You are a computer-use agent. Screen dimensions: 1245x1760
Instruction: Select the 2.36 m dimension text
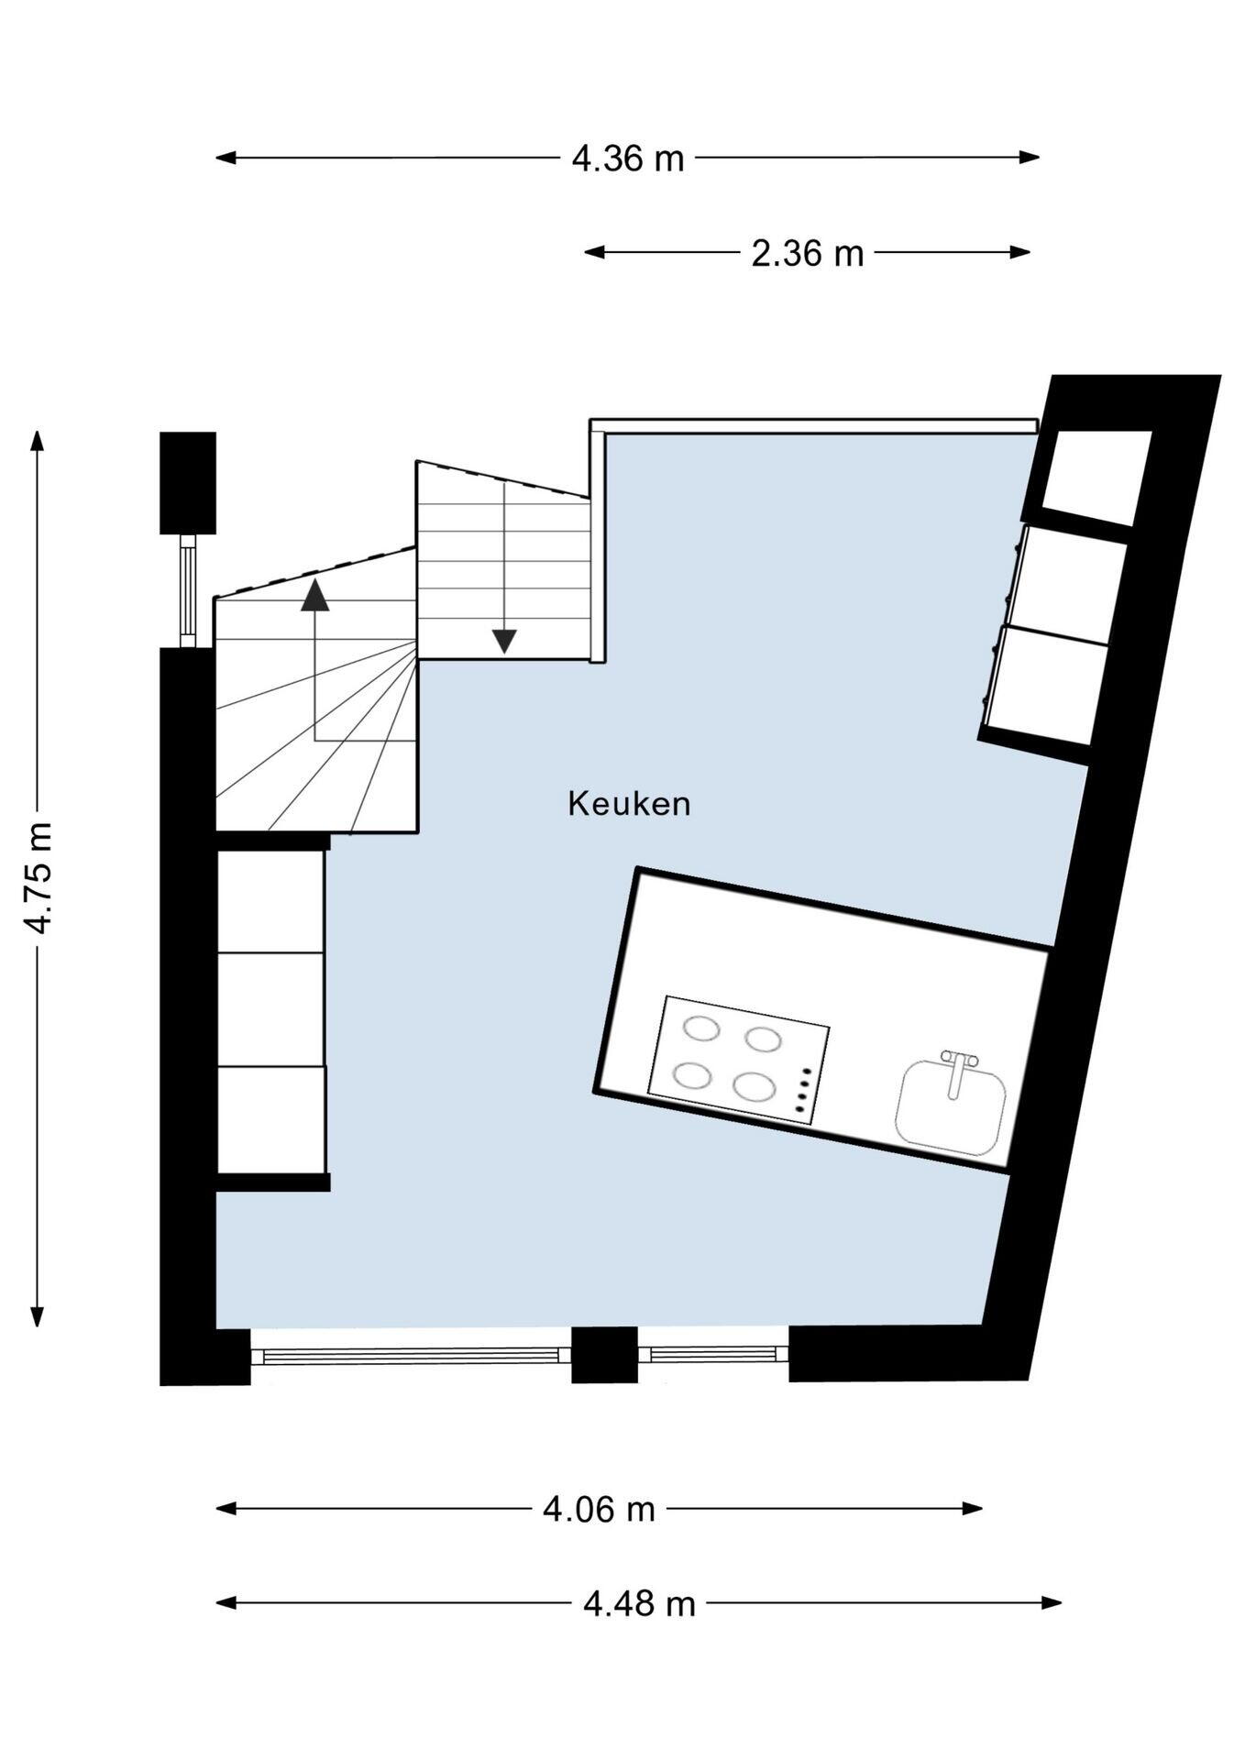(x=808, y=254)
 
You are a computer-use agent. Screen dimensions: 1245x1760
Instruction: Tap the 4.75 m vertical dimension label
(x=39, y=878)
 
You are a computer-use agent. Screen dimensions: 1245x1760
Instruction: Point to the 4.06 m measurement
(x=599, y=1508)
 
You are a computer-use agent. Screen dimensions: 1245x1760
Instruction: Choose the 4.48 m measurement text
(x=639, y=1603)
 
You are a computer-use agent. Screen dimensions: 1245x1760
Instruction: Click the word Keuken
(x=629, y=804)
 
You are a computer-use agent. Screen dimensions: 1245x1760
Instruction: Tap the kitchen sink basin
(x=951, y=1106)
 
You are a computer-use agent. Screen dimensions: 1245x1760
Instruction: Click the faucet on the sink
(x=957, y=1072)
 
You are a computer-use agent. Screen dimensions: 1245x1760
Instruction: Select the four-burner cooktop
(x=738, y=1060)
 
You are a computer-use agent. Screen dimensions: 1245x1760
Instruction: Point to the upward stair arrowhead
(x=314, y=595)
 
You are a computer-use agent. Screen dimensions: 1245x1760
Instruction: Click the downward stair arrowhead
(x=504, y=641)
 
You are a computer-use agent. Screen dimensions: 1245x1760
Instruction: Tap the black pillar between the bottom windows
(x=604, y=1354)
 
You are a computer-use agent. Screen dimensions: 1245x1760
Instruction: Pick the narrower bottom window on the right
(x=713, y=1353)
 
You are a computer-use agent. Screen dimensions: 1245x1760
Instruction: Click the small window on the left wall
(x=188, y=590)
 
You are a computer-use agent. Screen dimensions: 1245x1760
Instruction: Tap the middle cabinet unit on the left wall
(x=270, y=1009)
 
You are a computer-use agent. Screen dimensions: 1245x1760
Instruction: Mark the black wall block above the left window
(x=188, y=483)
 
